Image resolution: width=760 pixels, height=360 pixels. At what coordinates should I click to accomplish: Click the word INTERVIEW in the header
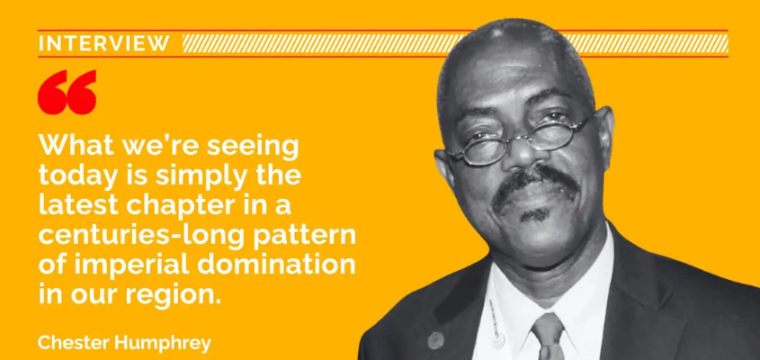103,44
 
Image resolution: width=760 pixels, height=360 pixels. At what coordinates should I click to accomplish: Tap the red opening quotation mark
67,92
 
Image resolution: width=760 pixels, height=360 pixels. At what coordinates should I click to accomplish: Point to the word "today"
78,176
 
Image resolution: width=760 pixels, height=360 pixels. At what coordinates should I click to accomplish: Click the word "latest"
78,204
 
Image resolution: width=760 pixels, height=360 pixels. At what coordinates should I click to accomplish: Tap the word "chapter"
183,206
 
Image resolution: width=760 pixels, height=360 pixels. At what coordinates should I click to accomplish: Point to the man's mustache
536,182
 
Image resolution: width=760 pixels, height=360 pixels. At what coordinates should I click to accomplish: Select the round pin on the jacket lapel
435,340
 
